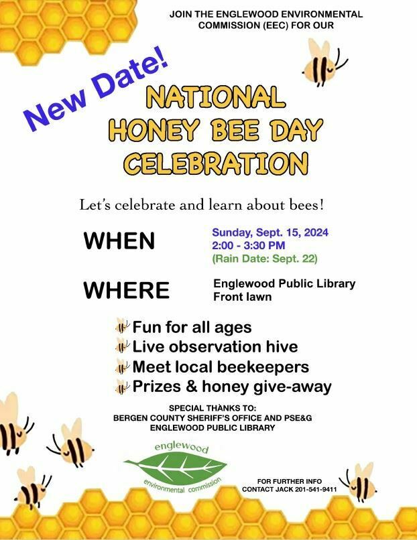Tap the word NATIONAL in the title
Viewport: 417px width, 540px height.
click(x=216, y=96)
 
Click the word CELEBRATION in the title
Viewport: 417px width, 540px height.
click(x=216, y=163)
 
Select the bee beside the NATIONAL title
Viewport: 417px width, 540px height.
click(x=324, y=63)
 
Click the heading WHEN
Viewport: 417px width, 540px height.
click(x=119, y=241)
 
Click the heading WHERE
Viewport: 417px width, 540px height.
click(x=127, y=290)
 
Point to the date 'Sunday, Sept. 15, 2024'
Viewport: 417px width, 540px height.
click(x=270, y=232)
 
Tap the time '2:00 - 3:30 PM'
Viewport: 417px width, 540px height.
click(x=249, y=246)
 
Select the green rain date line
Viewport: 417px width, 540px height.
click(x=265, y=259)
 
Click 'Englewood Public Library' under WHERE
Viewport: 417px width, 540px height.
click(x=284, y=284)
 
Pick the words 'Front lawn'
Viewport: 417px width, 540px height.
click(x=242, y=297)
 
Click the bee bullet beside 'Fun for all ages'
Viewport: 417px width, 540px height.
click(x=122, y=326)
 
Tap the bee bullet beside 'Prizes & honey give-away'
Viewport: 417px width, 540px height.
click(x=122, y=387)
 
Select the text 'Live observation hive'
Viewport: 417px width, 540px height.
click(x=215, y=346)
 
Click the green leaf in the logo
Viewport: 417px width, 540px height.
click(x=176, y=468)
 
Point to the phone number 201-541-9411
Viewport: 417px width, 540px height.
click(x=316, y=489)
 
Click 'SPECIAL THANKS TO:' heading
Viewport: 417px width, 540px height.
click(x=213, y=409)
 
